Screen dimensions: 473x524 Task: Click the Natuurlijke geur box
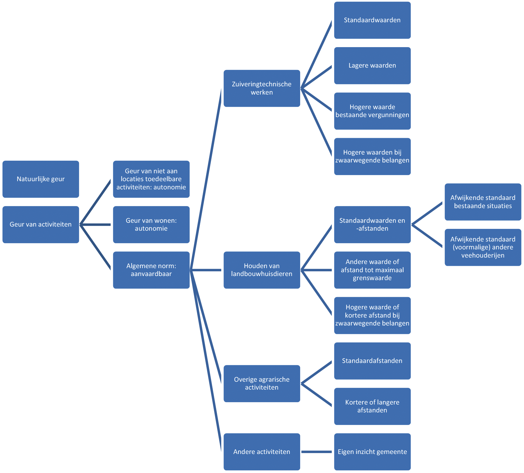pyautogui.click(x=41, y=179)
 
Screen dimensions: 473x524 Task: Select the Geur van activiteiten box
pyautogui.click(x=41, y=224)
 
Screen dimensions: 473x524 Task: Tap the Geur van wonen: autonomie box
pyautogui.click(x=151, y=224)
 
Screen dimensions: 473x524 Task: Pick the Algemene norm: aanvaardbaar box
pyautogui.click(x=151, y=270)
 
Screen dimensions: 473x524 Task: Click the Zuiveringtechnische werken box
pyautogui.click(x=262, y=88)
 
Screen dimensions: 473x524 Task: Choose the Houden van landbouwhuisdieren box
pyautogui.click(x=262, y=270)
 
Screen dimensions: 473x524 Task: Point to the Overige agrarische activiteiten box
pyautogui.click(x=262, y=383)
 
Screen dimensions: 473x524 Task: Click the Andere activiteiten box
pyautogui.click(x=262, y=452)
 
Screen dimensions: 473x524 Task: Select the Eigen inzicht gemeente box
pyautogui.click(x=372, y=452)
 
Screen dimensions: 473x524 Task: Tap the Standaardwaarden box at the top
pyautogui.click(x=372, y=20)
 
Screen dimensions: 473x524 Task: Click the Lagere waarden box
pyautogui.click(x=372, y=66)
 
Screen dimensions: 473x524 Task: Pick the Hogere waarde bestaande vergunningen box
pyautogui.click(x=372, y=111)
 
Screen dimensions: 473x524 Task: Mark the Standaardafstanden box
pyautogui.click(x=372, y=361)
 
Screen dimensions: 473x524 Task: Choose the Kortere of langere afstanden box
pyautogui.click(x=372, y=406)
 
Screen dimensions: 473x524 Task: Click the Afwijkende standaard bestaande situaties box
pyautogui.click(x=483, y=202)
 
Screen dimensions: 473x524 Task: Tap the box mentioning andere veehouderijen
pyautogui.click(x=483, y=247)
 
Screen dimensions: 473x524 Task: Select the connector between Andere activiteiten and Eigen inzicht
pyautogui.click(x=317, y=452)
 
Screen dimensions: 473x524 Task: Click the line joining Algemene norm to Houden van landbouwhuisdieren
pyautogui.click(x=206, y=270)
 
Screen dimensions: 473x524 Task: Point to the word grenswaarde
pyautogui.click(x=372, y=278)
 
